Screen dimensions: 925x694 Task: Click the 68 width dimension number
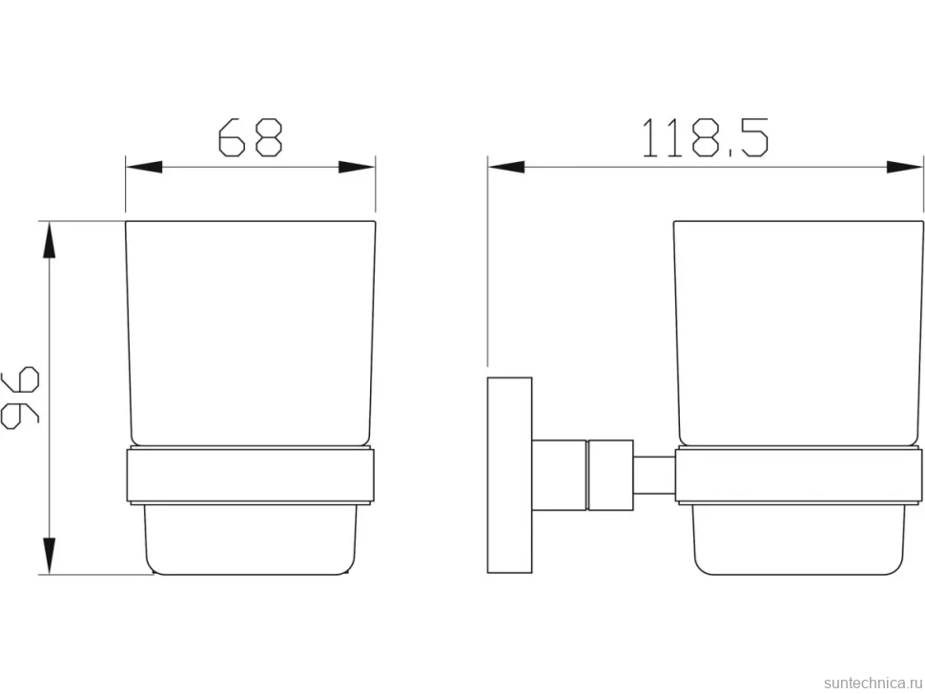coord(251,138)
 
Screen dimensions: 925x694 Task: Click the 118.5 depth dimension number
coord(705,138)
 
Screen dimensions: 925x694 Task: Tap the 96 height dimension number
coord(20,398)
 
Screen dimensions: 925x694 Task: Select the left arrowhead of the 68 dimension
coord(144,168)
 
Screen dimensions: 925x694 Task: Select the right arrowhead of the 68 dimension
coord(357,168)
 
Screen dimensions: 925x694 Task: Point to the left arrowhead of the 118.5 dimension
coord(506,168)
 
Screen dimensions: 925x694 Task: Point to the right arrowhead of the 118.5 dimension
coord(905,168)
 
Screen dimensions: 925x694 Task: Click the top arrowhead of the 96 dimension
coord(50,240)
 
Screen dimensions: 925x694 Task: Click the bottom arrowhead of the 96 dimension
coord(50,556)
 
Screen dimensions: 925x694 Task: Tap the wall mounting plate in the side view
coord(509,476)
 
